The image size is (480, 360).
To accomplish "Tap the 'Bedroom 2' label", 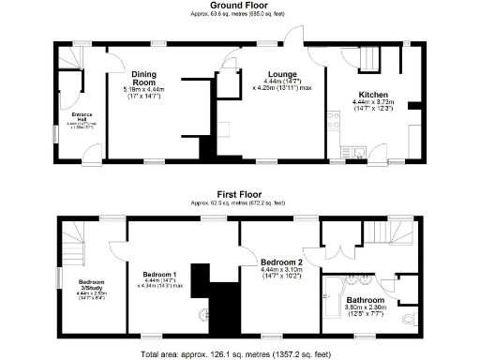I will tap(280, 262).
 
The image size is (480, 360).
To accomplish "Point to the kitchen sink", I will tap(361, 150).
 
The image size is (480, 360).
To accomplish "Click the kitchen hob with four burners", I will tap(331, 119).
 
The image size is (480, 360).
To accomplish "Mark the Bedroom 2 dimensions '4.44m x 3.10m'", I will tap(280, 273).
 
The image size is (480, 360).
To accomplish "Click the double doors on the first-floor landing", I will tap(330, 251).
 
